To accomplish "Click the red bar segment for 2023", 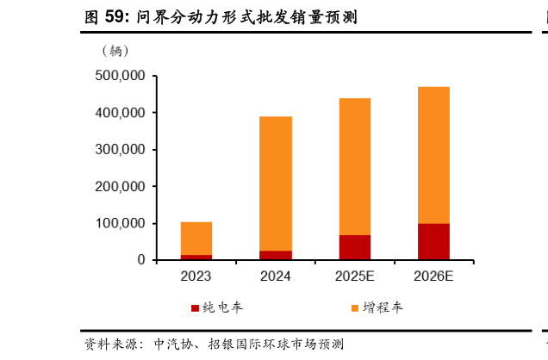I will (x=196, y=257).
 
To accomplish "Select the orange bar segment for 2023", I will (x=196, y=239).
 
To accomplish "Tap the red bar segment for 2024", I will (x=276, y=255).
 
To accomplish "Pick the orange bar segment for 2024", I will (x=276, y=183).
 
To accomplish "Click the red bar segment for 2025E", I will (x=354, y=247).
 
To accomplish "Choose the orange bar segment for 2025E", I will (x=354, y=166).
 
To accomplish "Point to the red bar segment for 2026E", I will (x=433, y=241).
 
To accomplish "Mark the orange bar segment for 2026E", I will (x=433, y=155).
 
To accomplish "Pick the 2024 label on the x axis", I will (x=276, y=276).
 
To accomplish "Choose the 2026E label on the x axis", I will (x=433, y=276).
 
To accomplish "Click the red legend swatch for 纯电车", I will (x=195, y=307).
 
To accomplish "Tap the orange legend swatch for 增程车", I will (x=354, y=307).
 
